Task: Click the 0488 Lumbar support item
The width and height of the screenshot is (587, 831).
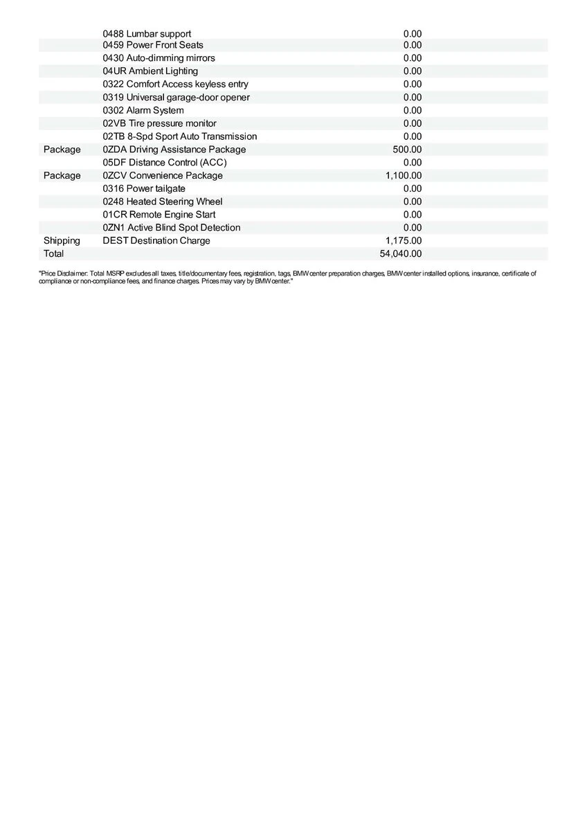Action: coord(147,34)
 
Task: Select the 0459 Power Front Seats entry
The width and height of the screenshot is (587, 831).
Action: coord(153,45)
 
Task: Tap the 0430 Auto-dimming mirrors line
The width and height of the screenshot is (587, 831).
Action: coord(159,58)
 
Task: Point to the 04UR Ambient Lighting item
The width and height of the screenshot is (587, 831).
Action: coord(150,71)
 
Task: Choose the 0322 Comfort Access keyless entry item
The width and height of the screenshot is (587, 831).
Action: coord(175,84)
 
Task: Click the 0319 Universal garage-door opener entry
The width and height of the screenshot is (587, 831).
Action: coord(176,98)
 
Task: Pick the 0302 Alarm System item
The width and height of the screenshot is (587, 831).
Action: coord(143,111)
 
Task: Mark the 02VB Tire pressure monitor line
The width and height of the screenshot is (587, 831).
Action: coord(159,123)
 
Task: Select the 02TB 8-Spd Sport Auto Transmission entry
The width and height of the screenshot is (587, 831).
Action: coord(179,136)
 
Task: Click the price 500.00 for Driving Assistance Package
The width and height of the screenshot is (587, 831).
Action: coord(407,150)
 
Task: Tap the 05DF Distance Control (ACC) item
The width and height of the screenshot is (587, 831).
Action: coord(165,163)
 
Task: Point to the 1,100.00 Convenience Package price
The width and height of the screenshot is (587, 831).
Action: coord(404,176)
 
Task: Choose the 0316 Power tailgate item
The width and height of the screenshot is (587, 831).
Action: coord(144,188)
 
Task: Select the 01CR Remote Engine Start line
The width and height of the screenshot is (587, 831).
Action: coord(159,215)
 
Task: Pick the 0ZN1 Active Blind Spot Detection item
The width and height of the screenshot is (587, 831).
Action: coord(172,228)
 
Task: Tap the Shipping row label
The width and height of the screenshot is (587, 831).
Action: coord(62,241)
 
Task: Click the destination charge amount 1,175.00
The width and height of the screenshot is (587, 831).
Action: coord(404,241)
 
